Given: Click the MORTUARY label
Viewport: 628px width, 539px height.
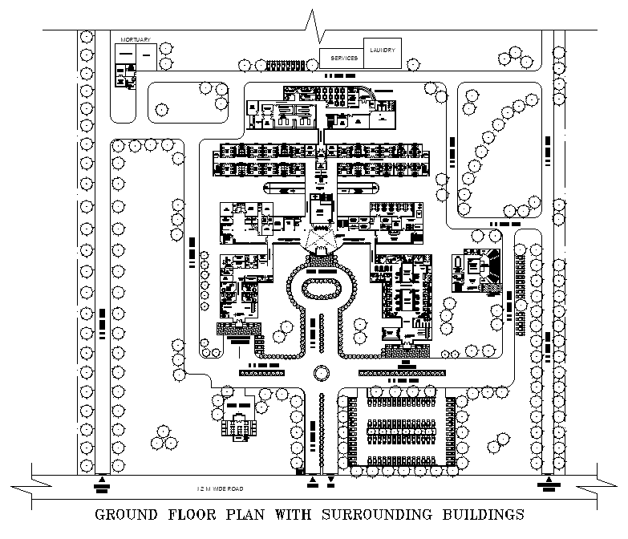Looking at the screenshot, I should point(136,39).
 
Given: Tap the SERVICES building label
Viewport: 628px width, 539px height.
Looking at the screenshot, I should point(344,59).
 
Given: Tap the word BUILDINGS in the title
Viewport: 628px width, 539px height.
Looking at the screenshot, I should point(479,514).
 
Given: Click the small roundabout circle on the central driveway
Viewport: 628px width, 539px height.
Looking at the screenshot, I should point(322,373).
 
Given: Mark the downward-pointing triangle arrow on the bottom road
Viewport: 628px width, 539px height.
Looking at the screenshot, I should point(330,483).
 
